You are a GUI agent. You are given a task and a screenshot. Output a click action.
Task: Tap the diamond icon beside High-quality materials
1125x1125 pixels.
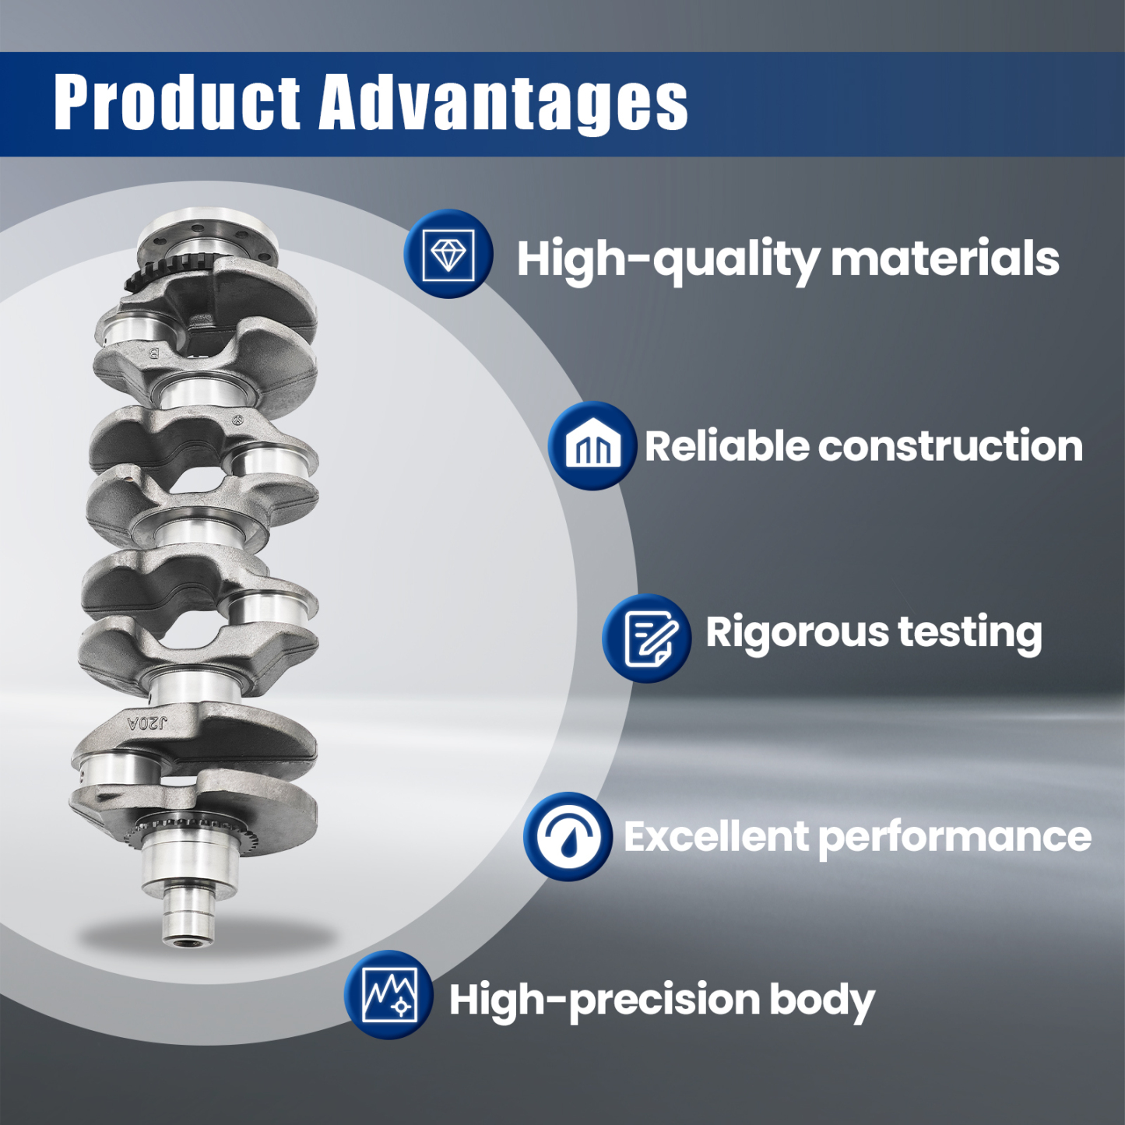(448, 254)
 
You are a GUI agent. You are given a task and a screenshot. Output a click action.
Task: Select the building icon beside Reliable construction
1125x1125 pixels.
(592, 445)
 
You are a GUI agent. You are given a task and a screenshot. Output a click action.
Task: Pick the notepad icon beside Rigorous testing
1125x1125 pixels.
(646, 638)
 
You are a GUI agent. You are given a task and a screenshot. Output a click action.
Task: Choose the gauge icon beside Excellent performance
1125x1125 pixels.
(568, 836)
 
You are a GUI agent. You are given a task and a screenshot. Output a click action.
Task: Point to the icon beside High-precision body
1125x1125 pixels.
(389, 995)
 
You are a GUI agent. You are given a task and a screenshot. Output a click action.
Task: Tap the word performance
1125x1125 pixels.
(955, 837)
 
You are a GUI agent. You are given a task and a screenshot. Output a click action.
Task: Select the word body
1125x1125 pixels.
(822, 1000)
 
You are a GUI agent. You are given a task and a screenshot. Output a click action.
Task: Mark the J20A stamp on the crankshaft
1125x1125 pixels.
(147, 723)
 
